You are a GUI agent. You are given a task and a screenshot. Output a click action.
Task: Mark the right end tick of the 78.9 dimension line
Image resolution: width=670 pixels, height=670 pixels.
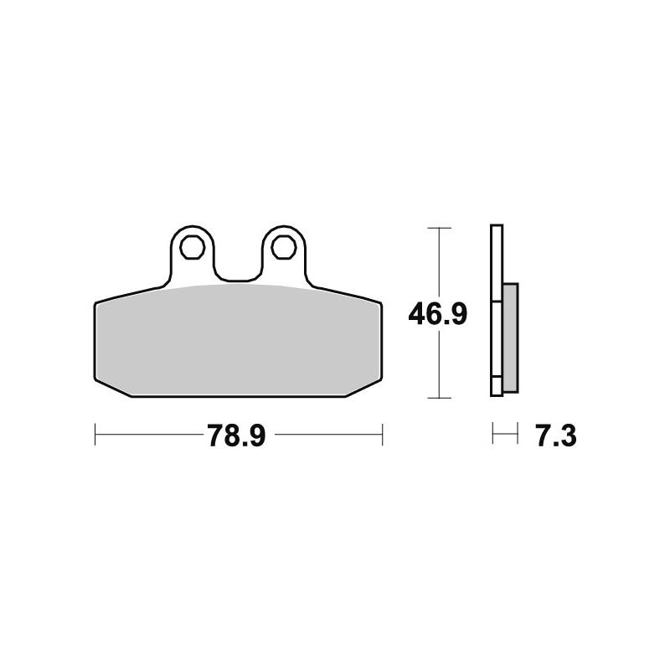tap(382, 435)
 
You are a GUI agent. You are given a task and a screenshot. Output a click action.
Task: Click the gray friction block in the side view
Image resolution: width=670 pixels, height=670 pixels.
tap(509, 338)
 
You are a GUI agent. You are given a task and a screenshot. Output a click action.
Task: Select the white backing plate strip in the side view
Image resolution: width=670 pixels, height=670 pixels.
tap(496, 310)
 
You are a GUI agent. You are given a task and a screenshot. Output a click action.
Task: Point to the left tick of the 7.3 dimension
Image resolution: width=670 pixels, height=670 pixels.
tap(492, 435)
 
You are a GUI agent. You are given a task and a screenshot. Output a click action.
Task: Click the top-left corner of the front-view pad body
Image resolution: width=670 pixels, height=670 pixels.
tap(95, 303)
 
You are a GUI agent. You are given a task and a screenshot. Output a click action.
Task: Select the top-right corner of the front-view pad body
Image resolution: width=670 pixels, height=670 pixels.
tap(382, 303)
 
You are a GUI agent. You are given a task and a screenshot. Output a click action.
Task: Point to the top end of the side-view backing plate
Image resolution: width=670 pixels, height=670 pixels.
tap(496, 229)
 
